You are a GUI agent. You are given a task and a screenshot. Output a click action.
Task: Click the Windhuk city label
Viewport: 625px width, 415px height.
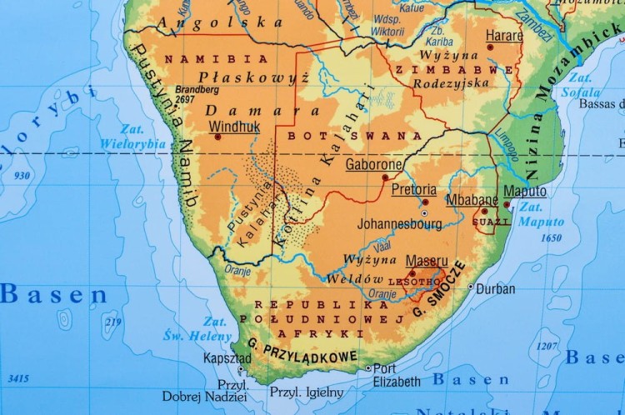[x=234, y=127]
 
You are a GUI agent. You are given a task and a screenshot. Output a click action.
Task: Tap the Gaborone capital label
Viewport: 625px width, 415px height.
[x=373, y=164]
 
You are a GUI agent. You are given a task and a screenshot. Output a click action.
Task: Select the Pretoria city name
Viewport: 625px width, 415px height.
[x=413, y=189]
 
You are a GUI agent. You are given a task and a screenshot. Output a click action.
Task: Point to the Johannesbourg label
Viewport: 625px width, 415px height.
[x=399, y=224]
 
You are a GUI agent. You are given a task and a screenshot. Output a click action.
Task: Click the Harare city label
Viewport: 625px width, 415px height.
[x=505, y=36]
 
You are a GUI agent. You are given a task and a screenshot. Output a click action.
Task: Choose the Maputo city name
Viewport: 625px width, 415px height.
[x=525, y=192]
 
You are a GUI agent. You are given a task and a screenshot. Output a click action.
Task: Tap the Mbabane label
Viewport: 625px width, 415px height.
[x=472, y=200]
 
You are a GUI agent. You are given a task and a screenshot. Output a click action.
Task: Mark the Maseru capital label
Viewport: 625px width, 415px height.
[x=427, y=261]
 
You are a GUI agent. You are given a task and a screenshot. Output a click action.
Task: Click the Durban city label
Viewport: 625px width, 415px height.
[x=497, y=289]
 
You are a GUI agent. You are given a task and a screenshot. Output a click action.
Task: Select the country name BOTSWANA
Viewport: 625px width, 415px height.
[x=354, y=135]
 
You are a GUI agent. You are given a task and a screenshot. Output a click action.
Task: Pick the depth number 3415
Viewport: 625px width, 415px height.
[x=18, y=379]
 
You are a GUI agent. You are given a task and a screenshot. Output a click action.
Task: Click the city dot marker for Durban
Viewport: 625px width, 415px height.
[x=471, y=287]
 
